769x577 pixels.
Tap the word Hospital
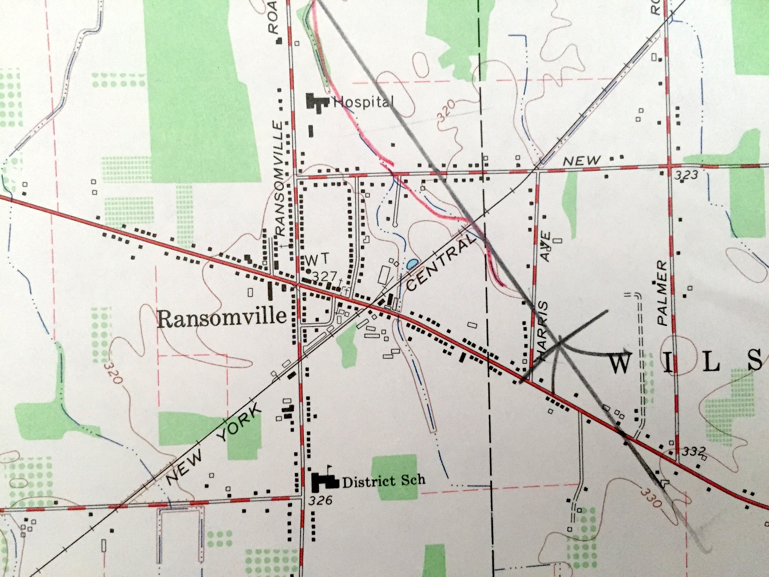click(363, 102)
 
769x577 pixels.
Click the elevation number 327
click(324, 276)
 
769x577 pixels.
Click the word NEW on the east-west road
click(581, 161)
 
